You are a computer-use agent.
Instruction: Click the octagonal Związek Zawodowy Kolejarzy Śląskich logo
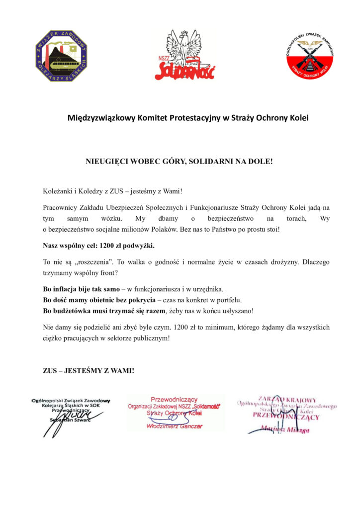pos(61,56)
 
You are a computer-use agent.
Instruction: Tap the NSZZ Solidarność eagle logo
pos(184,55)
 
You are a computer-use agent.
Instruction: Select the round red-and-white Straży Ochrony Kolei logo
pos(309,55)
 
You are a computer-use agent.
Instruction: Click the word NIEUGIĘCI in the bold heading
pos(108,162)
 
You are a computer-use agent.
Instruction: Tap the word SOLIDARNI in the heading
pos(215,162)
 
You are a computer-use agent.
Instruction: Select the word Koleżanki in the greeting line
pos(59,190)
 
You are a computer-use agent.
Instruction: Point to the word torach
pos(290,218)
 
